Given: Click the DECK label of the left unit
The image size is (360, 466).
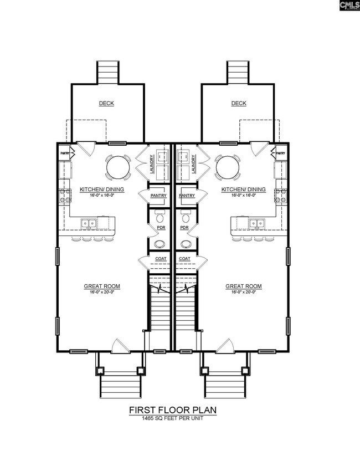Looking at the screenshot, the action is click(x=106, y=103).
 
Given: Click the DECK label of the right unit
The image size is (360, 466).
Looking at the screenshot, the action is click(x=239, y=103).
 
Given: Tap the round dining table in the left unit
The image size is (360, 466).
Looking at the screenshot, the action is click(x=118, y=167).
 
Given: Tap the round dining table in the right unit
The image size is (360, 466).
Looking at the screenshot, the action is click(x=228, y=167).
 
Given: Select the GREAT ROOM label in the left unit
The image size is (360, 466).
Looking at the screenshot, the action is click(x=102, y=286).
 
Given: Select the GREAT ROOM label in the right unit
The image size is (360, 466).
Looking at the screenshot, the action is click(x=244, y=286).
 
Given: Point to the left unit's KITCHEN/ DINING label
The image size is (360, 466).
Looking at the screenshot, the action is click(x=102, y=190).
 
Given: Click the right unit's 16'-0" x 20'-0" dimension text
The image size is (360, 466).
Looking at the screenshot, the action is click(x=244, y=292).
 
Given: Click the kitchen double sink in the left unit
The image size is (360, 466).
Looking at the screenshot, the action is click(x=89, y=223).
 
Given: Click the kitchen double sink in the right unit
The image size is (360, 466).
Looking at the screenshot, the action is click(x=257, y=223).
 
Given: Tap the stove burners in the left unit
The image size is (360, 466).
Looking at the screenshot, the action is click(x=65, y=196).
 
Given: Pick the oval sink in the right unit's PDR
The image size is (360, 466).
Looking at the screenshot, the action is click(x=186, y=244).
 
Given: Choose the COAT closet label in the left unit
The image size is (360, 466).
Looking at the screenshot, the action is click(x=161, y=259).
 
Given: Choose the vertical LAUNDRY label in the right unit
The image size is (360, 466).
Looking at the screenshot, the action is click(x=194, y=164).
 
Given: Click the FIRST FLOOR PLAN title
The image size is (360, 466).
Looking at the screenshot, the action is click(x=173, y=410).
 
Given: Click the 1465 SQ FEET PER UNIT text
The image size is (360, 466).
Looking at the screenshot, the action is click(x=173, y=418).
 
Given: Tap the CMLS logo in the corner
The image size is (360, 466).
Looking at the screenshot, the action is click(x=349, y=6).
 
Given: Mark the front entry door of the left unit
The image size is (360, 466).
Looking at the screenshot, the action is click(x=121, y=346).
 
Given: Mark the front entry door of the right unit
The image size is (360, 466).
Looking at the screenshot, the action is click(x=225, y=346).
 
